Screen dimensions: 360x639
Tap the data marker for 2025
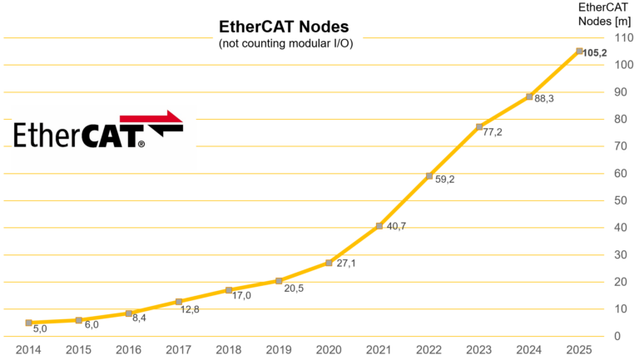click(579, 51)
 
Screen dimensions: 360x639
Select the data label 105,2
click(595, 53)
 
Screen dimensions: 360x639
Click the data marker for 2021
click(379, 225)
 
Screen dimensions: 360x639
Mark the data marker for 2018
click(229, 290)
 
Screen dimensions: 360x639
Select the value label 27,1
click(345, 264)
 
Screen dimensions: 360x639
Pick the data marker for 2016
click(129, 313)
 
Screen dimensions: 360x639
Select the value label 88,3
click(545, 99)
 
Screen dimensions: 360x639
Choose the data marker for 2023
click(479, 126)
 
